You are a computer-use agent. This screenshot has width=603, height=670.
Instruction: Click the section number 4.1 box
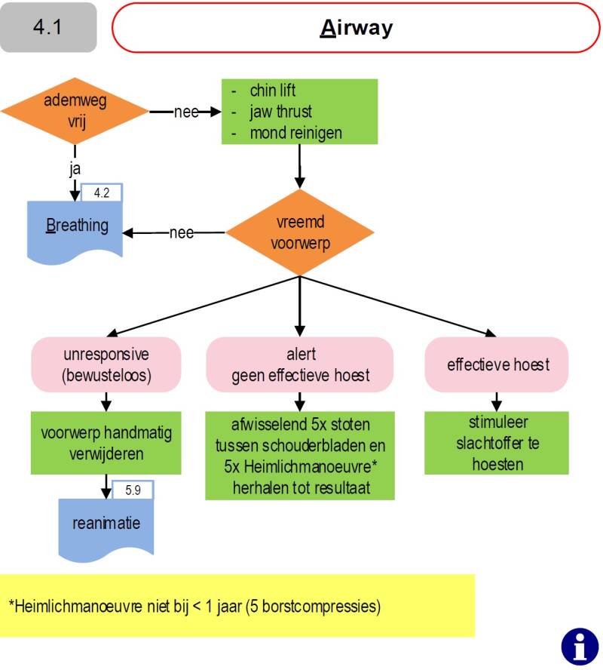(48, 27)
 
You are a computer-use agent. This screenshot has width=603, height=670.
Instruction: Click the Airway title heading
(356, 28)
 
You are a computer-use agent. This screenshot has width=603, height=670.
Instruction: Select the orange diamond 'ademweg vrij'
(74, 112)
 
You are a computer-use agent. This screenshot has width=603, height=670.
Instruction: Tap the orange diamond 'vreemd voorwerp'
(300, 233)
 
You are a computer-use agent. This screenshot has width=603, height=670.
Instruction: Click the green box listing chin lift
(299, 112)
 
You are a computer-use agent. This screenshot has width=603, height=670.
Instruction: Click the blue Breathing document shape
(75, 226)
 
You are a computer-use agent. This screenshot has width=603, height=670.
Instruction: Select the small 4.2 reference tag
(102, 193)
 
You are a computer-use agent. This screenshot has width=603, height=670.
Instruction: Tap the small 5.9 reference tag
(133, 490)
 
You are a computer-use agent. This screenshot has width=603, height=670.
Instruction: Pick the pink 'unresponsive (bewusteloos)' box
(106, 364)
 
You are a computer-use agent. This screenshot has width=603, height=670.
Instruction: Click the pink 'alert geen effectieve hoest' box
(300, 364)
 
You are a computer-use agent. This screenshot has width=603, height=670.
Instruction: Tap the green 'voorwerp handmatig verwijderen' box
(106, 444)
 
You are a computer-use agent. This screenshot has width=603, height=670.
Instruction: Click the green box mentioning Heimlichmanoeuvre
(300, 455)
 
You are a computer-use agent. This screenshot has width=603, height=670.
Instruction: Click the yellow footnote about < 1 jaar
(237, 605)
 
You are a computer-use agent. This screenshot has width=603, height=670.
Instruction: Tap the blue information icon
(580, 646)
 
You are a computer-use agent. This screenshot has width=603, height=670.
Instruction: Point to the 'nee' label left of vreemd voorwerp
(182, 232)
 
